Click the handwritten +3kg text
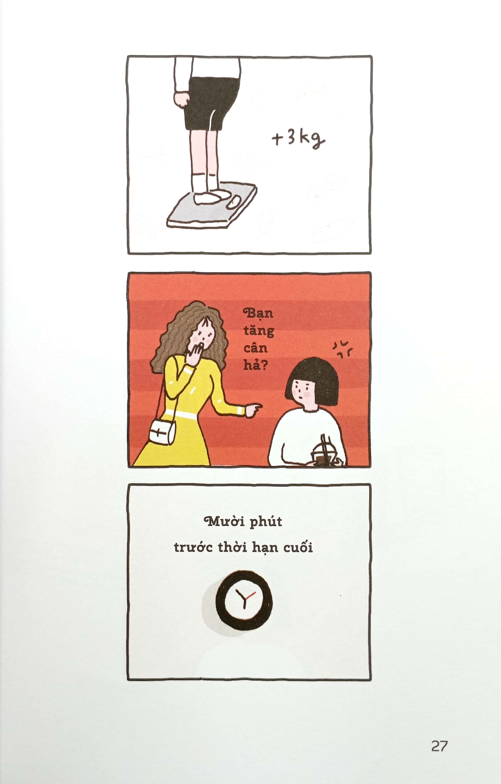tap(298, 139)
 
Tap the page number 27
tap(439, 746)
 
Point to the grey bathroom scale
tap(212, 209)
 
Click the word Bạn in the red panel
tap(258, 313)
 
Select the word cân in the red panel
tap(255, 348)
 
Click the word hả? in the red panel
tap(255, 365)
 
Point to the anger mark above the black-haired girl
tap(342, 349)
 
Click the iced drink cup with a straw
tap(323, 454)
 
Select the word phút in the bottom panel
tap(266, 522)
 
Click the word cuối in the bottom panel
tap(298, 547)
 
